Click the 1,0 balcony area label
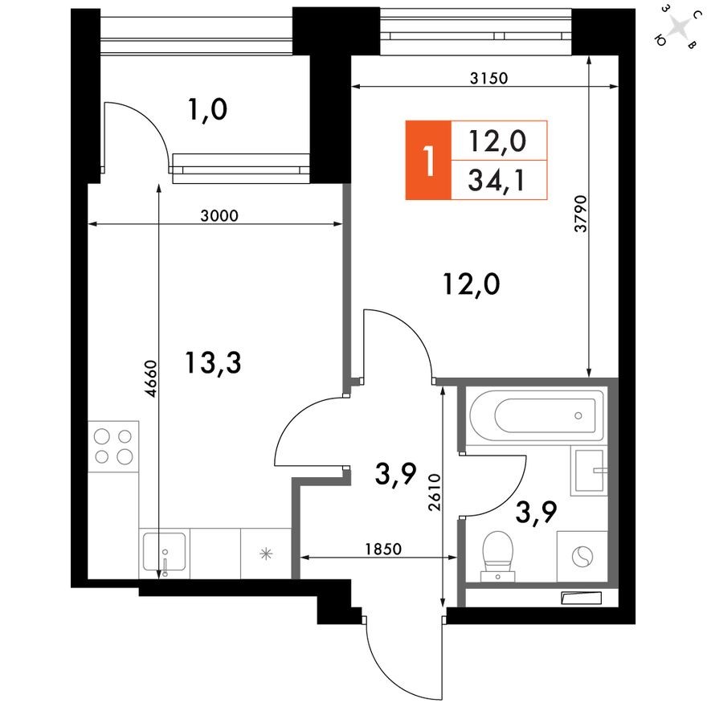pos(207,108)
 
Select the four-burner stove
pos(113,447)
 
